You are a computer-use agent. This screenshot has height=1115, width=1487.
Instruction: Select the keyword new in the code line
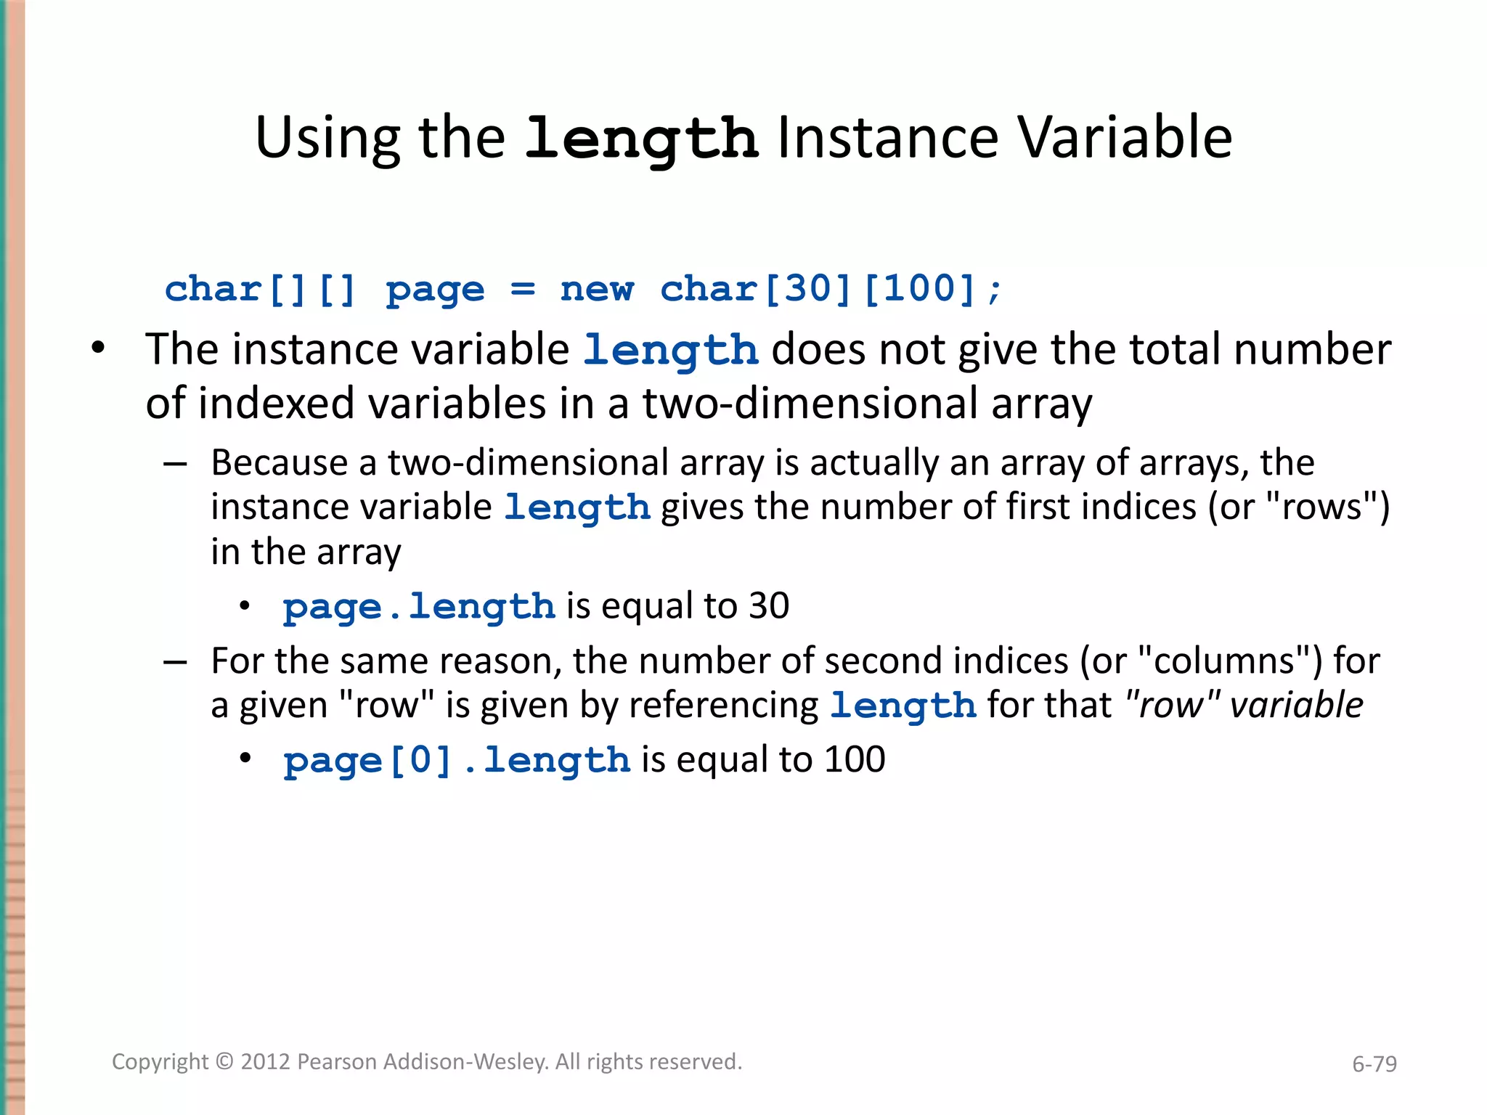(597, 289)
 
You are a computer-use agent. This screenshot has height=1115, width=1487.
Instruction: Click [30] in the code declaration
(807, 289)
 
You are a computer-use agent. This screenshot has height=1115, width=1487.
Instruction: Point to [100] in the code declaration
(919, 289)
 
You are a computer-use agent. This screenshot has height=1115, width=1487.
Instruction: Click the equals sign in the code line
(522, 289)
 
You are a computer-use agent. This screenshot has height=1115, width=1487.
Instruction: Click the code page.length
(419, 606)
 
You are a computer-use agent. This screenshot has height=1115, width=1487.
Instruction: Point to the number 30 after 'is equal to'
(769, 605)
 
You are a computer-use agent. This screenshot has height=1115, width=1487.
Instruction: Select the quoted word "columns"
(1227, 661)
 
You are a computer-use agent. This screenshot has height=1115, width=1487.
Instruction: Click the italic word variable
(1296, 705)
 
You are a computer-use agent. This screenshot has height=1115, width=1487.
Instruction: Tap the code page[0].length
(457, 760)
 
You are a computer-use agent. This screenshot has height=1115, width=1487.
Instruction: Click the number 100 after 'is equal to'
(855, 759)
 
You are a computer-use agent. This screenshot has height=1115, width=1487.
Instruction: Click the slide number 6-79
(1374, 1064)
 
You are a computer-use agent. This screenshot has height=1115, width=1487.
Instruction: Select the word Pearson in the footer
(337, 1062)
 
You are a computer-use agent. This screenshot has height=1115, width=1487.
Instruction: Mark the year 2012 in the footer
(265, 1062)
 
